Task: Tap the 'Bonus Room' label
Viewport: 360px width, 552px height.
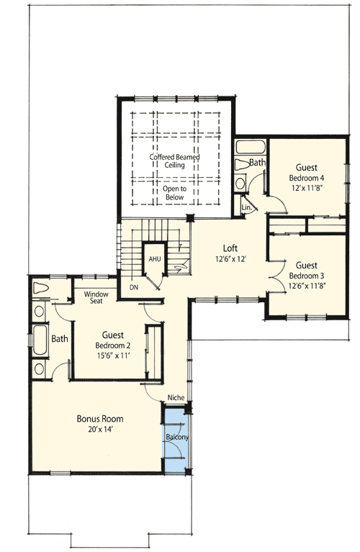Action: click(100, 418)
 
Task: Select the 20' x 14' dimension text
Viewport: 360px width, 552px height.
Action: click(100, 430)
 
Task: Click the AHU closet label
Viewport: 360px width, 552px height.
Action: click(154, 258)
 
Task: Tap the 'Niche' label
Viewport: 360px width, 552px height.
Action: click(175, 397)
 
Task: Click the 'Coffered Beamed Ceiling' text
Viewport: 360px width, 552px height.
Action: click(174, 160)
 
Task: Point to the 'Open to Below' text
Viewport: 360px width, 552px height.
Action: click(174, 193)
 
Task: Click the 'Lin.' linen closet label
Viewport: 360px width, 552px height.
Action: click(246, 207)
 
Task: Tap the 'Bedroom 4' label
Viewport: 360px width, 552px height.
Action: click(307, 177)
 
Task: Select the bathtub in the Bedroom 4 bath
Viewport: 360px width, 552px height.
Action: click(251, 149)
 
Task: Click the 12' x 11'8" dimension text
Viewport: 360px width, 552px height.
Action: click(307, 189)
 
